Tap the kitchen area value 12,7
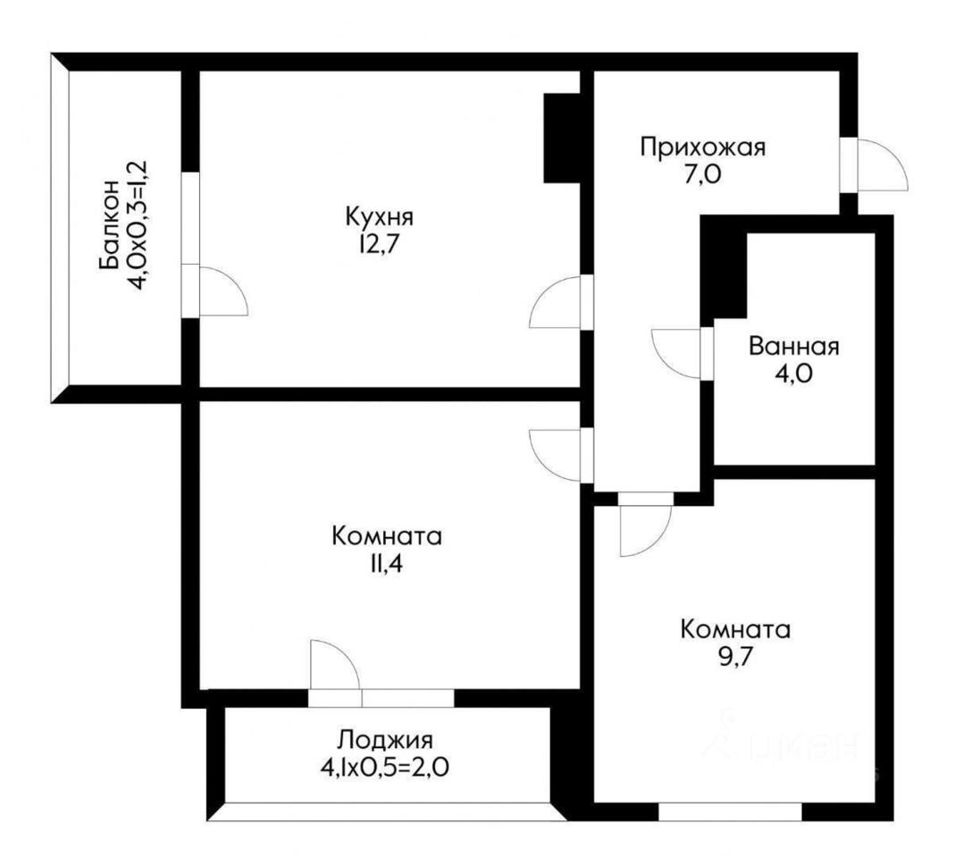tap(381, 245)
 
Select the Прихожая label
tap(702, 148)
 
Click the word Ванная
tap(793, 347)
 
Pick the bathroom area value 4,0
tap(793, 373)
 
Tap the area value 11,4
tap(386, 564)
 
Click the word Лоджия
tap(386, 740)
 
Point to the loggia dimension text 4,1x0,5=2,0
tap(384, 767)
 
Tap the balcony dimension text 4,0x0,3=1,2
tap(137, 224)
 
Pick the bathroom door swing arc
tap(676, 355)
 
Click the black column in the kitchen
tap(562, 138)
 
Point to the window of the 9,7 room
tap(731, 812)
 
